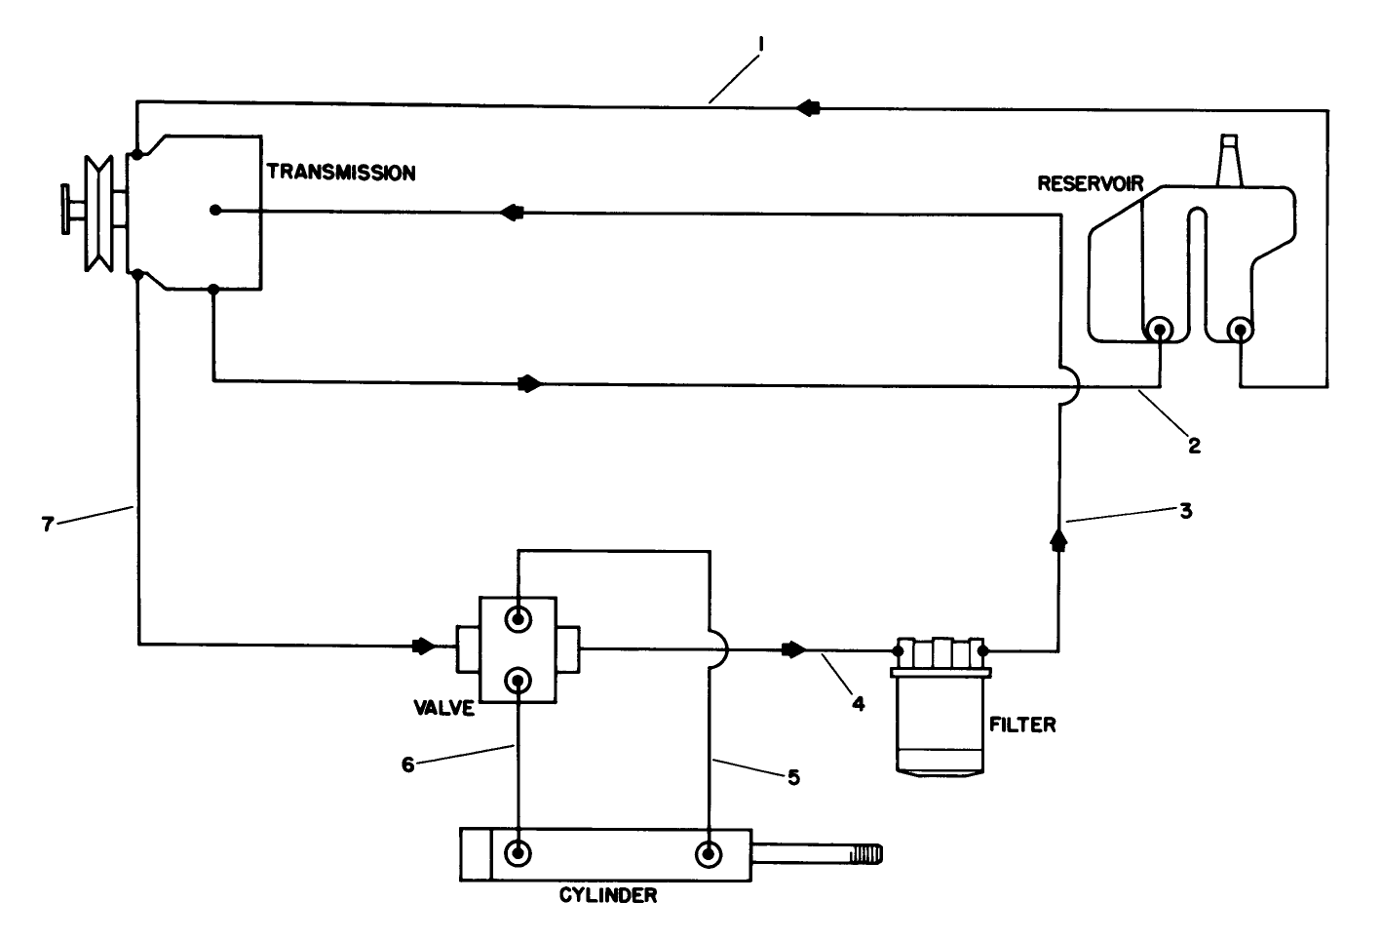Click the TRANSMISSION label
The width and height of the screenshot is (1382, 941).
click(x=341, y=174)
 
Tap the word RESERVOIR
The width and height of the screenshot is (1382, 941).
click(x=1090, y=183)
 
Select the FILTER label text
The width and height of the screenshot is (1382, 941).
click(x=1022, y=725)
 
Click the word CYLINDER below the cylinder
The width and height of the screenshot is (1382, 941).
click(x=608, y=895)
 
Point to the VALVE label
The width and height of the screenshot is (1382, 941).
click(x=442, y=708)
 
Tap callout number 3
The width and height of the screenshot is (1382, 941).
click(x=1185, y=509)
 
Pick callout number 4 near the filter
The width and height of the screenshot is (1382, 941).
click(x=858, y=701)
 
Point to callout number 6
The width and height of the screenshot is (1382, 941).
click(x=408, y=765)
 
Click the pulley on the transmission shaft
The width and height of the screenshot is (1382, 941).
click(x=97, y=212)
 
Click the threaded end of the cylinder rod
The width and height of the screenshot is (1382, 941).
click(x=865, y=855)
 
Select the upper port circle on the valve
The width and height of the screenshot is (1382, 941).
click(x=518, y=618)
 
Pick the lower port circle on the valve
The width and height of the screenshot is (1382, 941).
click(x=518, y=680)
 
